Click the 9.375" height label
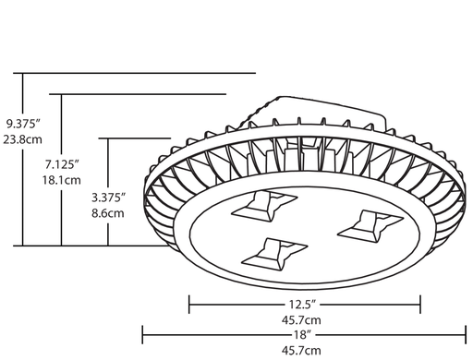(x=23, y=123)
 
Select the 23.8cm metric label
(x=23, y=139)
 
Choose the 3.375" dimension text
(x=109, y=197)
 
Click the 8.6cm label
(x=109, y=213)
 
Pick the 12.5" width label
(x=302, y=302)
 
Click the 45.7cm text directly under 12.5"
(x=302, y=318)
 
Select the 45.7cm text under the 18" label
(x=302, y=350)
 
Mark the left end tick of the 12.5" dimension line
(x=189, y=302)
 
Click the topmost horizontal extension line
(x=139, y=72)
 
